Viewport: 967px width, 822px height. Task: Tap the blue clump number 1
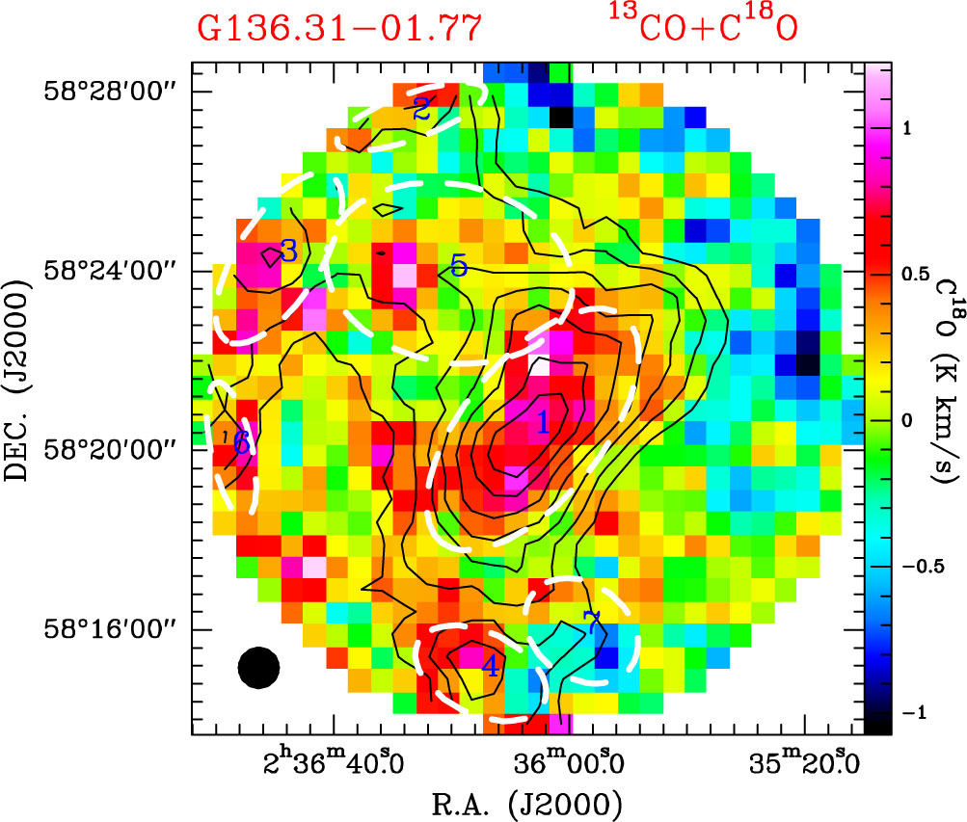(x=543, y=421)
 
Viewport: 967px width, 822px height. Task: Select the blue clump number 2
(x=421, y=109)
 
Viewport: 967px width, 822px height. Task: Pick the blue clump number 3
(x=288, y=252)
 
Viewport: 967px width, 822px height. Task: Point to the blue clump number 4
(x=491, y=666)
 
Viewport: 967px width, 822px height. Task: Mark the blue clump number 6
(x=241, y=444)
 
